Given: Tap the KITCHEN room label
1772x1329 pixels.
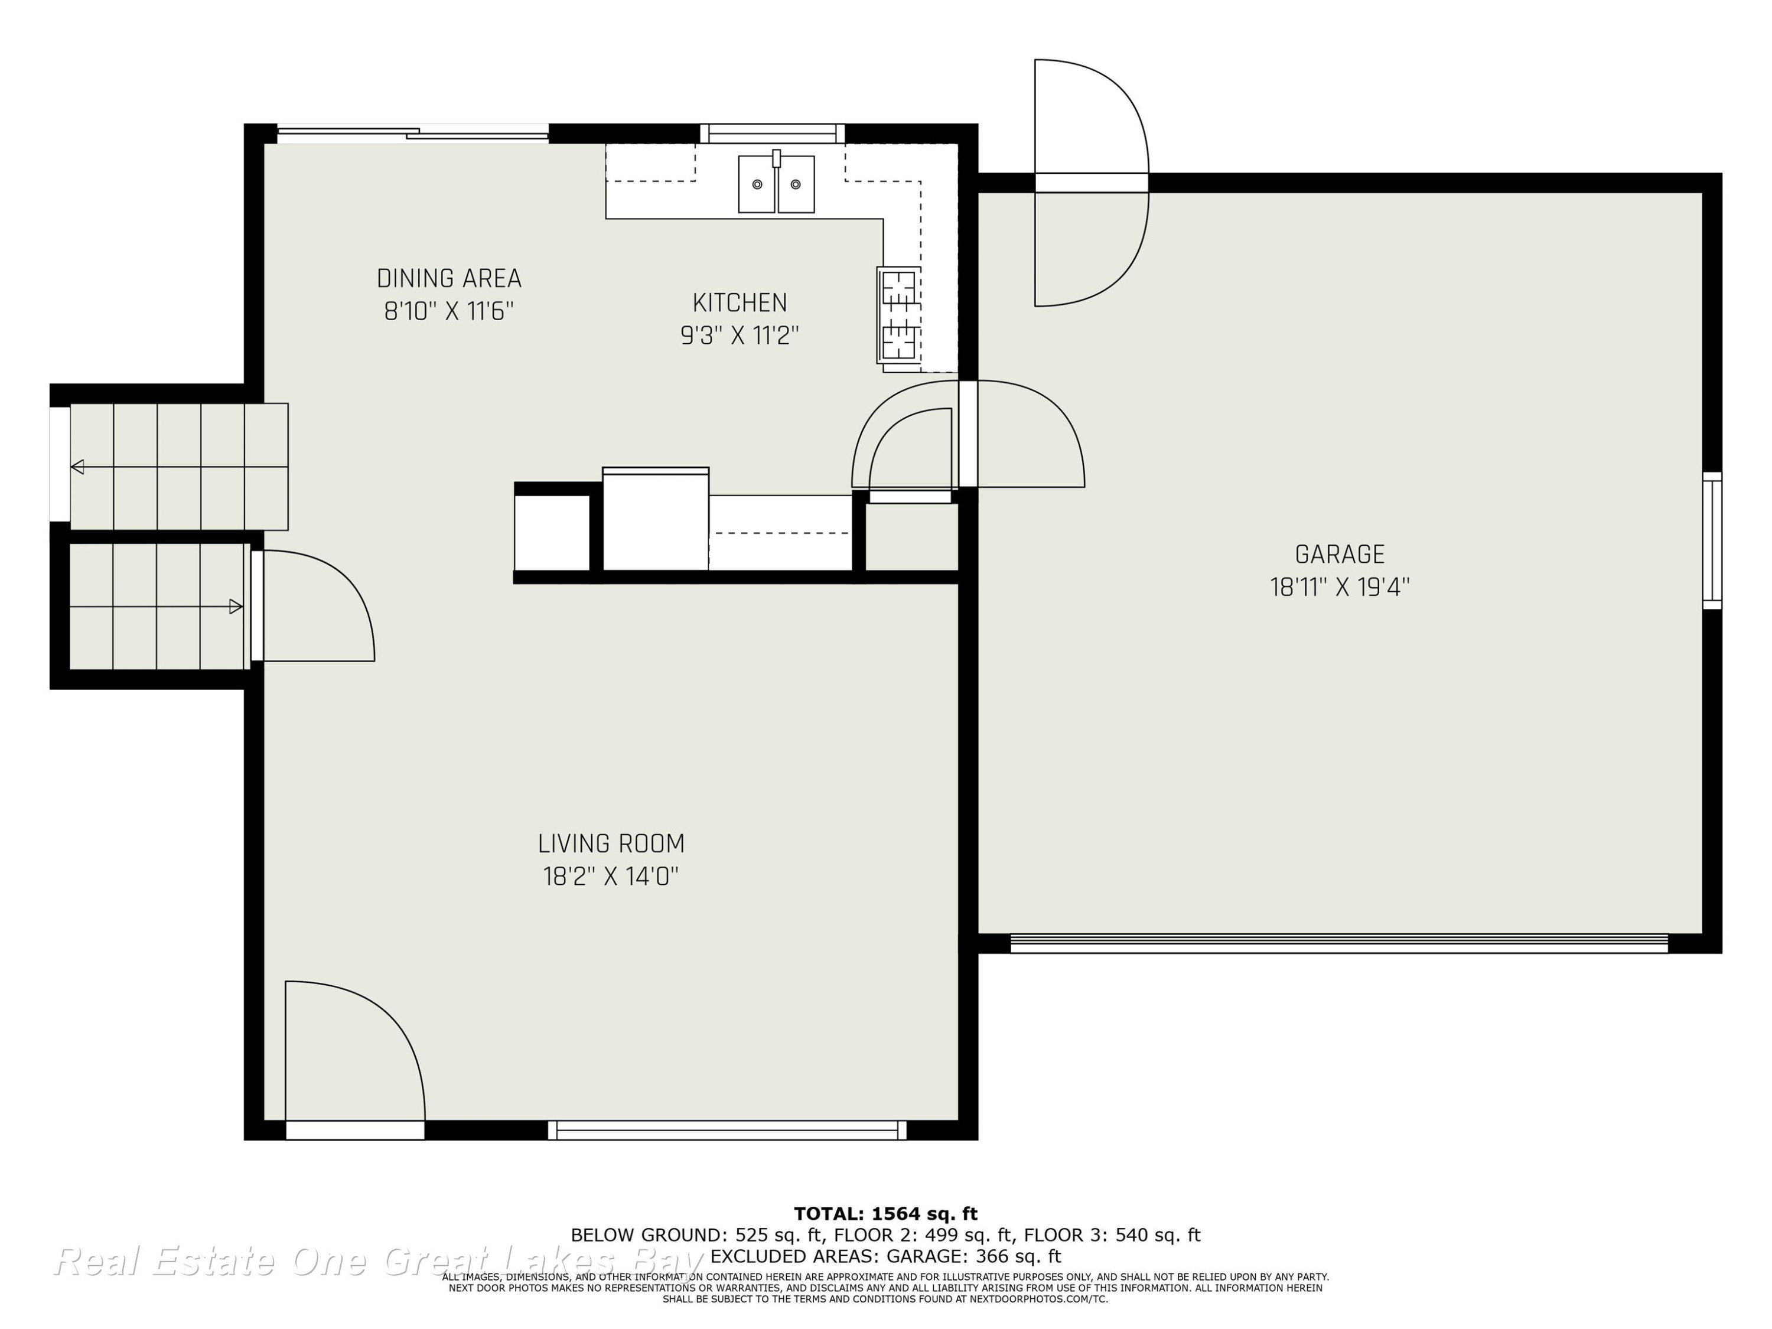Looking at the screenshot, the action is click(x=740, y=303).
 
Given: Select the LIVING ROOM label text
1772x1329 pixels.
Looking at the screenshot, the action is click(x=611, y=843).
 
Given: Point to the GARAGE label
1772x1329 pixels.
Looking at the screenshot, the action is click(x=1340, y=555).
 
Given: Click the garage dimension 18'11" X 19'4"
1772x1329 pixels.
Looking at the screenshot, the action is click(x=1340, y=587).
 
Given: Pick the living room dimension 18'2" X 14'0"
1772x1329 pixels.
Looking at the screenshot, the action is click(x=611, y=877).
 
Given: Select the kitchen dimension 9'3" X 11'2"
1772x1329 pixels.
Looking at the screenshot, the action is click(x=740, y=335).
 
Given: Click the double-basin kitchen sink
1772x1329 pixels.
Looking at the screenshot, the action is click(x=776, y=184).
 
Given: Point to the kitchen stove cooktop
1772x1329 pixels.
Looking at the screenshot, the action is click(x=898, y=315).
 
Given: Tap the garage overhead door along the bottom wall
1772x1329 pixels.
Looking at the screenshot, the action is click(x=1338, y=944).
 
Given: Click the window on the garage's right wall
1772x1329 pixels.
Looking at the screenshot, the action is click(x=1712, y=540).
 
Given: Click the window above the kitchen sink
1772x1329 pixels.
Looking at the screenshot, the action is click(x=772, y=133).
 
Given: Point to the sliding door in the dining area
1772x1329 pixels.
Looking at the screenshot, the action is click(x=412, y=133).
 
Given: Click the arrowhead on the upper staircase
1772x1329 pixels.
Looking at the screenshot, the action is click(x=77, y=466).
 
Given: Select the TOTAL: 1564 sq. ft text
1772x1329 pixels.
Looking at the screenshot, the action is click(x=885, y=1214).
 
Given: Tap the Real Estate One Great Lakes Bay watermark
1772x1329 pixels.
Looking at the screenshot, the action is click(x=378, y=1261).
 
